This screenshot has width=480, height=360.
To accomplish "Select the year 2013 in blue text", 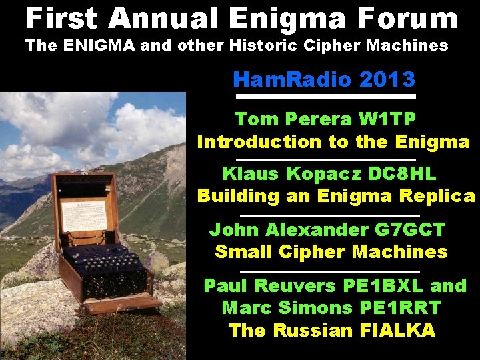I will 387,80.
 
